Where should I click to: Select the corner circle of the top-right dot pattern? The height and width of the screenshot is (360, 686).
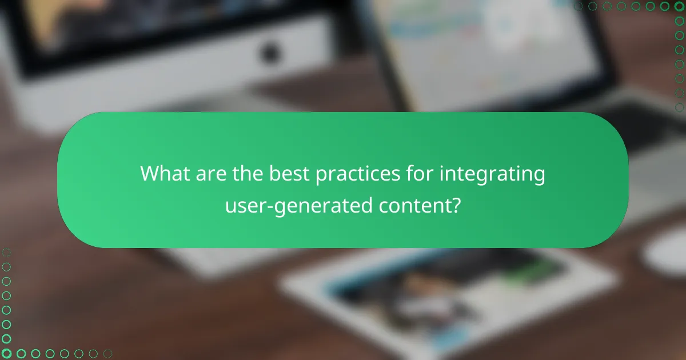(x=680, y=6)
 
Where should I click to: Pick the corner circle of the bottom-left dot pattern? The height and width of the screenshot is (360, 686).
(x=6, y=354)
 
